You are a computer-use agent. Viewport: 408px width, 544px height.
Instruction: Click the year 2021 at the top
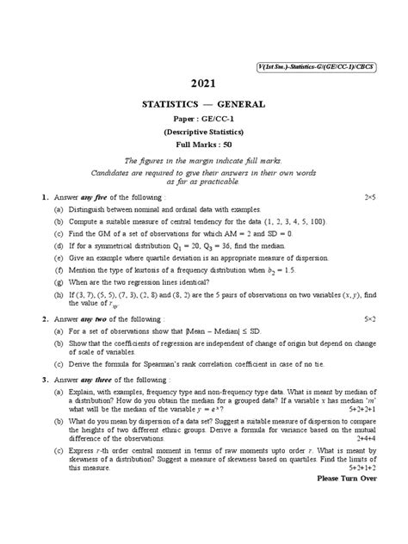pyautogui.click(x=204, y=83)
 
